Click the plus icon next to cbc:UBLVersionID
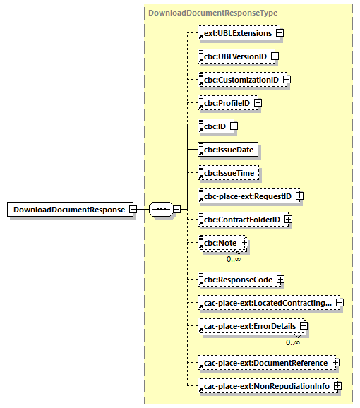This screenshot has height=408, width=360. (x=275, y=56)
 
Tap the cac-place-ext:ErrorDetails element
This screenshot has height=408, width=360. (x=250, y=327)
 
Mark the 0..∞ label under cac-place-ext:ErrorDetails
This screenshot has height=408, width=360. (x=293, y=342)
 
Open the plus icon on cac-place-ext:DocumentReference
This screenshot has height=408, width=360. (x=335, y=363)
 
